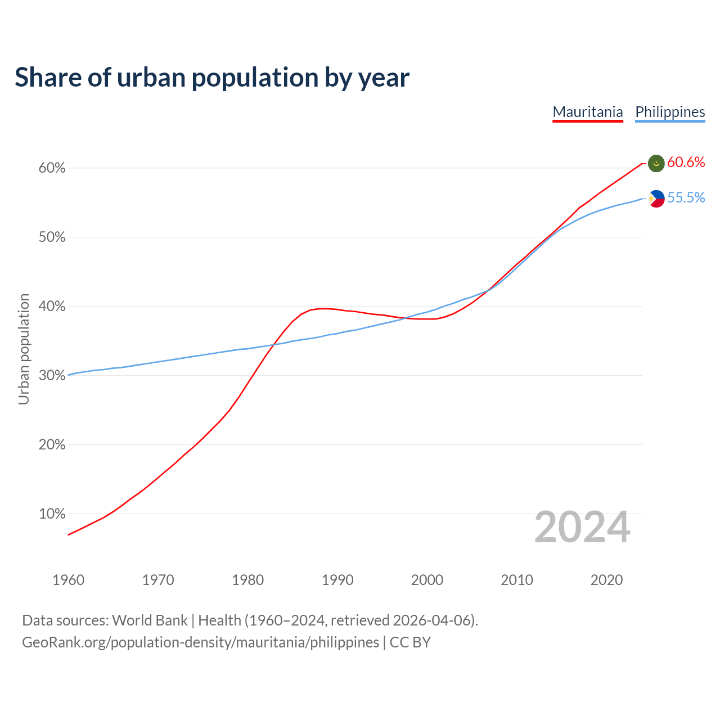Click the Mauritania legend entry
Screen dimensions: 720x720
tap(588, 112)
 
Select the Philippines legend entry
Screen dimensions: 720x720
tap(670, 112)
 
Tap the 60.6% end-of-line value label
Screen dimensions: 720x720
tap(686, 163)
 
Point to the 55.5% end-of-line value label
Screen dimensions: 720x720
tap(686, 197)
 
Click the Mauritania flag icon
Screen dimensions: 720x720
tap(656, 163)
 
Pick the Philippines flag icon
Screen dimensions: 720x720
tap(656, 199)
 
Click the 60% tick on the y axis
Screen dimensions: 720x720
tap(52, 168)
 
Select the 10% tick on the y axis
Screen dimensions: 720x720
tap(52, 514)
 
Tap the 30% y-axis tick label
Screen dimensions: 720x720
tap(52, 376)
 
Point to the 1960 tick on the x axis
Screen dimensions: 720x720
tap(69, 580)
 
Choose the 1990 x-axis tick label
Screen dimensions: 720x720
tap(337, 580)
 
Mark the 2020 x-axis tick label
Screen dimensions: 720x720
tap(606, 580)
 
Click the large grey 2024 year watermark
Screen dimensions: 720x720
tap(582, 527)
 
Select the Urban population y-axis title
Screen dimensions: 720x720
tap(24, 349)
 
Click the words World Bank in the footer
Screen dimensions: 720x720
tap(150, 620)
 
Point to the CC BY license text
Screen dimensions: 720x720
tap(410, 642)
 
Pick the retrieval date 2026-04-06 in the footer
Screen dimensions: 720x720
tap(431, 620)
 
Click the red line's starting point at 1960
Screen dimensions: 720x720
tap(69, 534)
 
